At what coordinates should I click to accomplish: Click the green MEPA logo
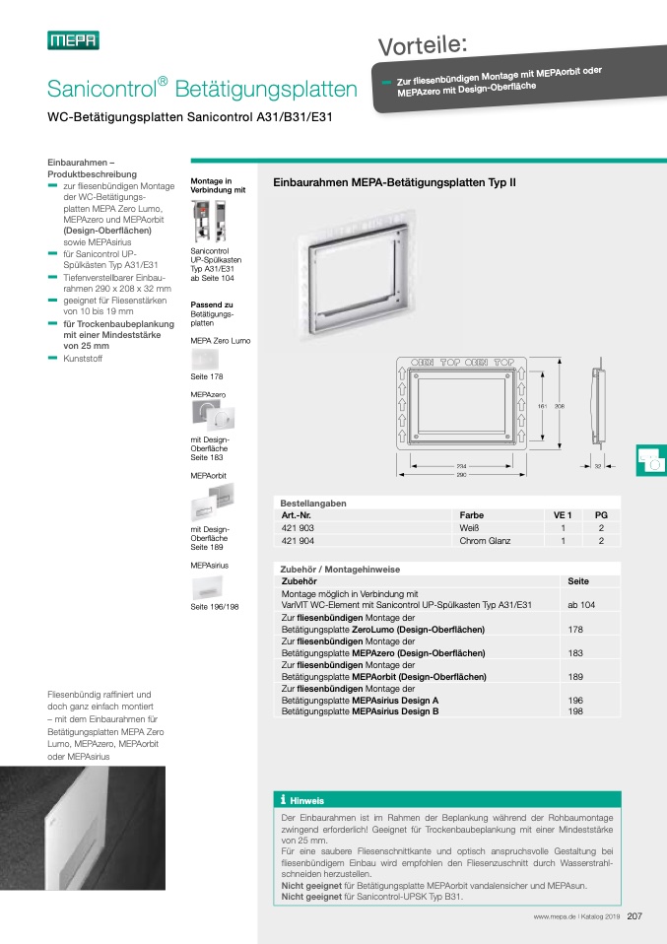tap(74, 40)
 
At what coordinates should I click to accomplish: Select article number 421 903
tap(299, 527)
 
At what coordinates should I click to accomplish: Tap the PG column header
tap(601, 514)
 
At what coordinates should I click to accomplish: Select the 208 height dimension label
tap(560, 405)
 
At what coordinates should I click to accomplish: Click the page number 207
tap(634, 917)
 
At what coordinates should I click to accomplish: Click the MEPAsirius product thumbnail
tap(209, 587)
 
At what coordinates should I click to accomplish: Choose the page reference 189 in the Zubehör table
tap(575, 677)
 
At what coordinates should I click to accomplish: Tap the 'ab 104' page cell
tap(580, 603)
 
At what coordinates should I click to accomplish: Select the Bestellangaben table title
tap(313, 503)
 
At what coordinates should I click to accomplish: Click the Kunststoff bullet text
tap(82, 359)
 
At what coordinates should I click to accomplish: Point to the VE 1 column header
tap(562, 514)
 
